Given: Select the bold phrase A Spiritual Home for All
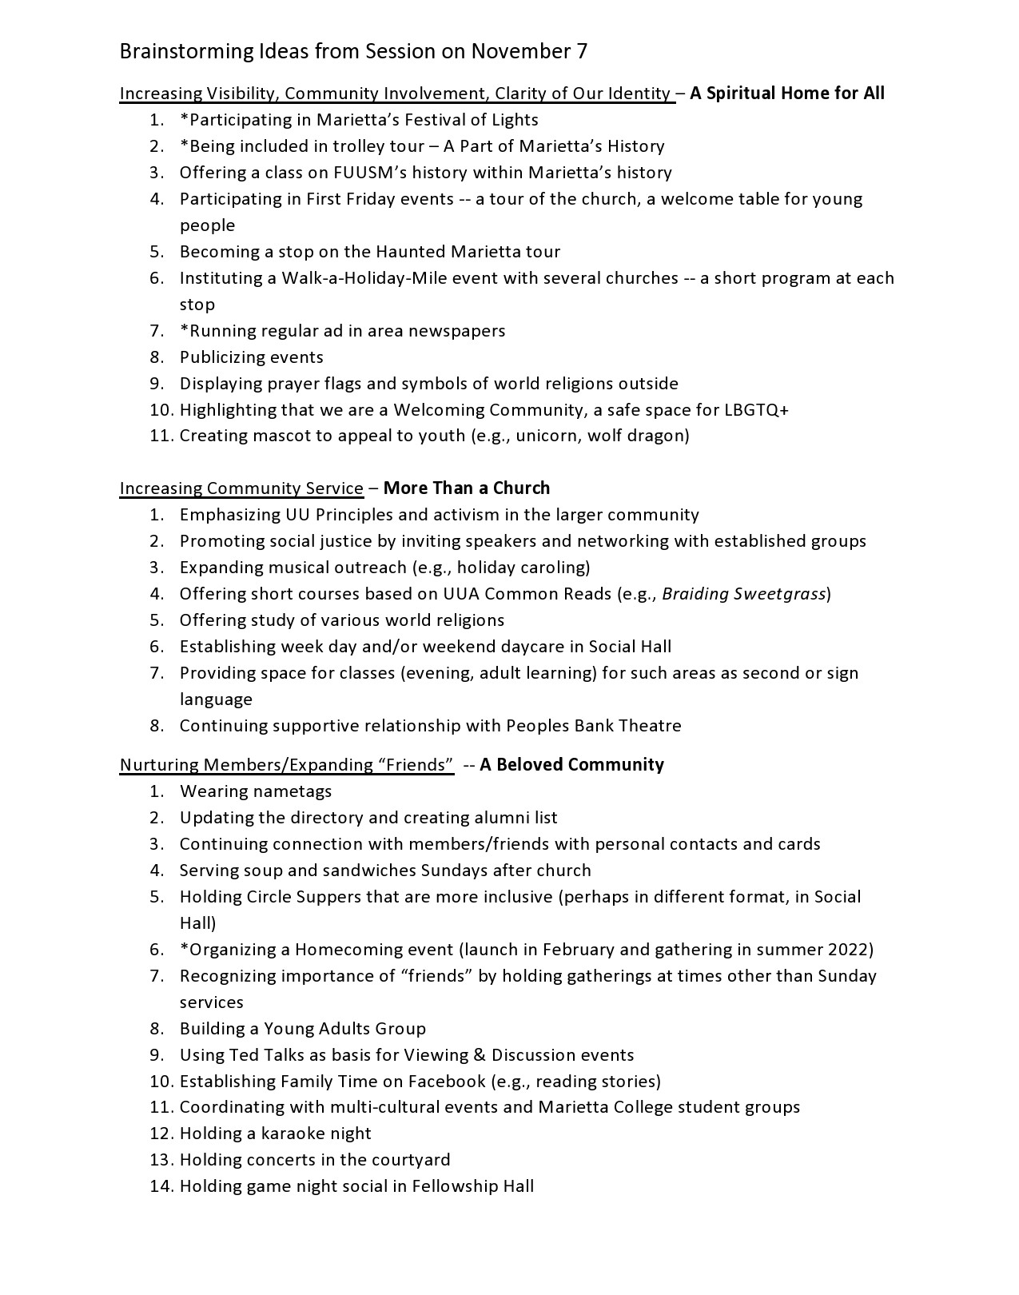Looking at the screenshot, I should [x=787, y=94].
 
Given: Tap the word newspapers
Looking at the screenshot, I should [x=456, y=331].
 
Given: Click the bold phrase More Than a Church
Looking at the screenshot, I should [x=467, y=488].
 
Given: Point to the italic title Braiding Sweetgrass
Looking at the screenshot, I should [x=743, y=594].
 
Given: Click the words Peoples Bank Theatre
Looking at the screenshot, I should [x=594, y=726].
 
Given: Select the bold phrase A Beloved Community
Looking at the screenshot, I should [x=572, y=765].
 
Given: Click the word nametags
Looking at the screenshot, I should [x=292, y=791].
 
